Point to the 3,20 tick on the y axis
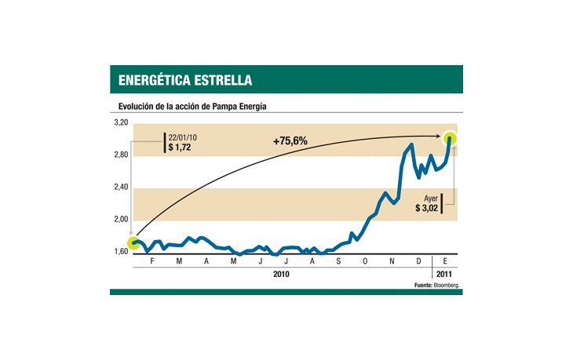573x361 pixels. (x=120, y=123)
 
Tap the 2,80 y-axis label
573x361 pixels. (x=120, y=155)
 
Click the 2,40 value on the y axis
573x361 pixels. (x=120, y=187)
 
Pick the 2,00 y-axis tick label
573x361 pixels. (x=120, y=219)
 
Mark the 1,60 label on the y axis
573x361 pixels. (x=120, y=251)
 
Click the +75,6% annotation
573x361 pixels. (x=290, y=141)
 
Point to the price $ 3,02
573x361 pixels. (x=429, y=209)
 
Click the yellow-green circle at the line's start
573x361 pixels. (x=136, y=242)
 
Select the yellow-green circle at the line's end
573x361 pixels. (x=452, y=138)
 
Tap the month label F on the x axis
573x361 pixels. (x=151, y=261)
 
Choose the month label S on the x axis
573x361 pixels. (x=338, y=261)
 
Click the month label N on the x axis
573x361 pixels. (x=392, y=261)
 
